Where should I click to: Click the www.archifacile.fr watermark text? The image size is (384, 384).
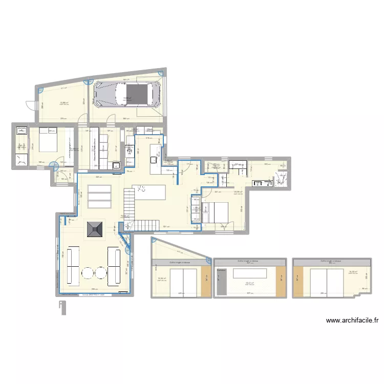pyautogui.click(x=353, y=321)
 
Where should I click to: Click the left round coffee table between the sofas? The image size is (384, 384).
pyautogui.click(x=88, y=274)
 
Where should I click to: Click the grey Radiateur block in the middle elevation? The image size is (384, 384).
pyautogui.click(x=221, y=282)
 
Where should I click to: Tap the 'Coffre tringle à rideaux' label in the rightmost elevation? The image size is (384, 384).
pyautogui.click(x=331, y=261)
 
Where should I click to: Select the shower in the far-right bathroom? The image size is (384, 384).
pyautogui.click(x=281, y=179)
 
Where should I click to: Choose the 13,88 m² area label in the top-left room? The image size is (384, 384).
pyautogui.click(x=64, y=103)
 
